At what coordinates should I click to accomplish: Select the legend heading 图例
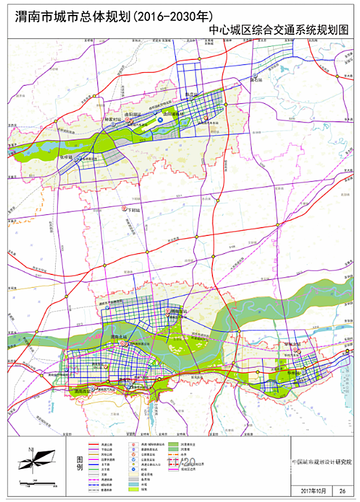pyautogui.click(x=77, y=462)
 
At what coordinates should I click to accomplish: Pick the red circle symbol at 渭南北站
pyautogui.click(x=123, y=343)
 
